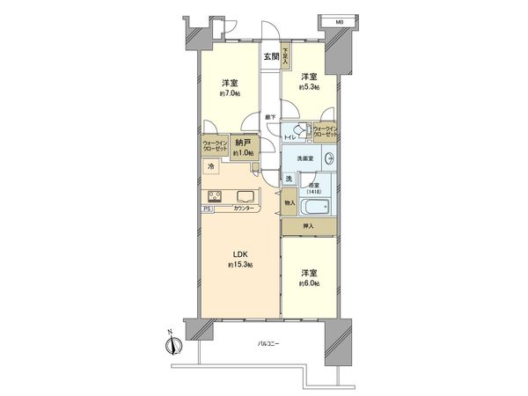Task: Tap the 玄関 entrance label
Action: coord(270,58)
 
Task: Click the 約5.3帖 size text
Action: coord(307,87)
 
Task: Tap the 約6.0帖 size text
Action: coord(307,282)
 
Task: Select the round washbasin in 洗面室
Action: coord(328,158)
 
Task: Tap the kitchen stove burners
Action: coord(216,196)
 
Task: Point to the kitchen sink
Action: coord(246,196)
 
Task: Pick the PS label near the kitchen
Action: coord(208,209)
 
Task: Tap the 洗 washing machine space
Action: coord(289,180)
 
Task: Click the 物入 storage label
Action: coord(289,202)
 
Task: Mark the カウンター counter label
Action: coord(246,209)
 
